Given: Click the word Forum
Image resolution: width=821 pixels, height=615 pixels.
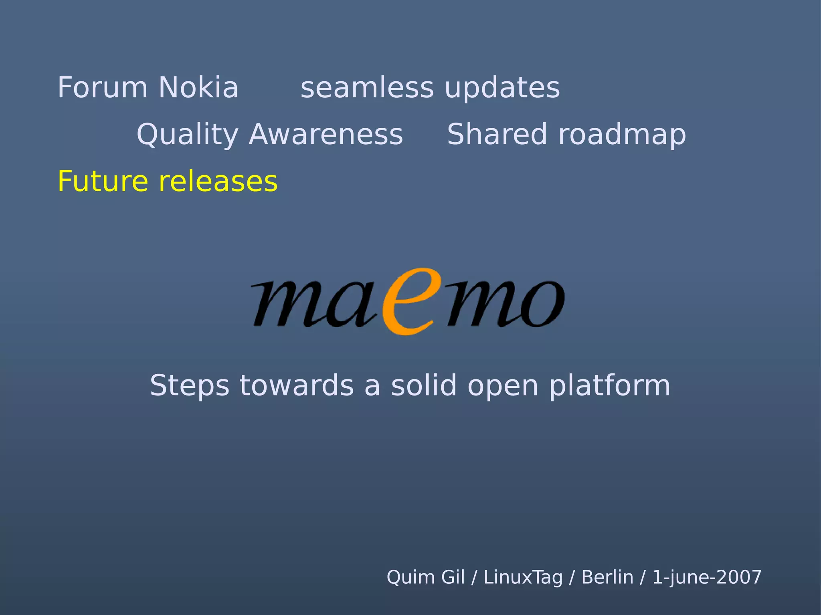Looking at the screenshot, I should [x=103, y=87].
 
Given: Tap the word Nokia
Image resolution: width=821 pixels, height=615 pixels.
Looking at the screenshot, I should [x=198, y=87].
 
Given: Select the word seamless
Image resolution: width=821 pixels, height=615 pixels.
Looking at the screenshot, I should [x=367, y=88].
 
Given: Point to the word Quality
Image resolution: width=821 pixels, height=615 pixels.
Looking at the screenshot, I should [x=187, y=135].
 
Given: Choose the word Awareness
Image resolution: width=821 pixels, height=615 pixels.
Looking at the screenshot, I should [x=326, y=135].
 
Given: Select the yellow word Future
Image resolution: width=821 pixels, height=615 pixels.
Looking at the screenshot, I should [x=103, y=181].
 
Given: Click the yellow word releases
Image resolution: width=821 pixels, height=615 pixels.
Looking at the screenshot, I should [x=218, y=181].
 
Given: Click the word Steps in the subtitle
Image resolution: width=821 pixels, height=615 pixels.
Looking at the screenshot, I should [x=189, y=385].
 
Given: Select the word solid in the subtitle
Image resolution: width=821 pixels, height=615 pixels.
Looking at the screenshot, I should [x=424, y=385].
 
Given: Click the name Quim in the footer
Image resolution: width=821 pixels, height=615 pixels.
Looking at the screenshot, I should [x=405, y=577].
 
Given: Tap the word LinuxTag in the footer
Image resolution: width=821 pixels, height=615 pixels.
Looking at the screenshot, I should [x=523, y=577].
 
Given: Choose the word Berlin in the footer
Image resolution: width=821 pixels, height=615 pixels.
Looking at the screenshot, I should [x=607, y=577].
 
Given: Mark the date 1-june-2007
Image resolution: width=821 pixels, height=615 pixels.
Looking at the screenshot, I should [x=707, y=577].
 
